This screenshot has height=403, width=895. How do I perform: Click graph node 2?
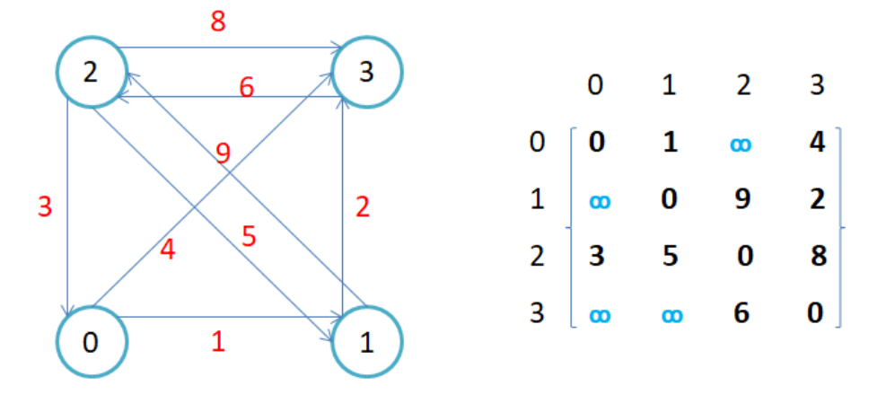click(x=91, y=73)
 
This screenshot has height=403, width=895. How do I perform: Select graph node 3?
click(x=367, y=73)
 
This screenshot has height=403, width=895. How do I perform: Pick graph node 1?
click(x=367, y=342)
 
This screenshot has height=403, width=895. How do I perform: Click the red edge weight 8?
click(x=218, y=22)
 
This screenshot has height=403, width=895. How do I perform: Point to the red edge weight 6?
click(x=246, y=88)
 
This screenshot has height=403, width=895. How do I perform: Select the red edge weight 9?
click(x=224, y=153)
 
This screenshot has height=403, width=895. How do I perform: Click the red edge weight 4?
click(x=168, y=248)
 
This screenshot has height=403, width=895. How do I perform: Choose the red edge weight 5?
click(x=250, y=239)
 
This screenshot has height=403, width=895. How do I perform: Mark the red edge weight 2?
click(x=363, y=208)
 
